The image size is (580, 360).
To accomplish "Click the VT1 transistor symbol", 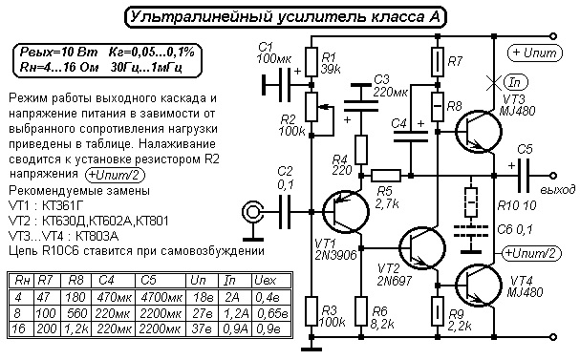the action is click(x=345, y=211).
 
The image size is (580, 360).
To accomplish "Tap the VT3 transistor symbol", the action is click(x=479, y=131).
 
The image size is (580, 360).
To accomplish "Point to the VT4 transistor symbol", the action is click(x=479, y=286).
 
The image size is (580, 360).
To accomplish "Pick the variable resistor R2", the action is click(x=311, y=107).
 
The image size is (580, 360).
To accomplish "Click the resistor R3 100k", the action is click(x=311, y=310).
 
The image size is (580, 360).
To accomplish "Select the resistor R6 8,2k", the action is click(x=361, y=310).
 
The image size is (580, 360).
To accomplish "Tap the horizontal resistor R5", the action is click(x=385, y=176).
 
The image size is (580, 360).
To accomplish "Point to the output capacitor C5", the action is click(x=523, y=176).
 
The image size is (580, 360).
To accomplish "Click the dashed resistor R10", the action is click(x=471, y=202).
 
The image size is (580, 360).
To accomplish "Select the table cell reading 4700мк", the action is click(x=160, y=297).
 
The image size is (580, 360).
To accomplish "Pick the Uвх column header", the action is click(x=266, y=281).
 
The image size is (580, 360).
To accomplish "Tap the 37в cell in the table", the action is click(x=203, y=328).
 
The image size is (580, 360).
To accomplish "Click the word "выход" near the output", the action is click(x=558, y=190).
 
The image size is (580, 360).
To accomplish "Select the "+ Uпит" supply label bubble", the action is click(x=535, y=53).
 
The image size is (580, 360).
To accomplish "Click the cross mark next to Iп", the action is click(x=493, y=84).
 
